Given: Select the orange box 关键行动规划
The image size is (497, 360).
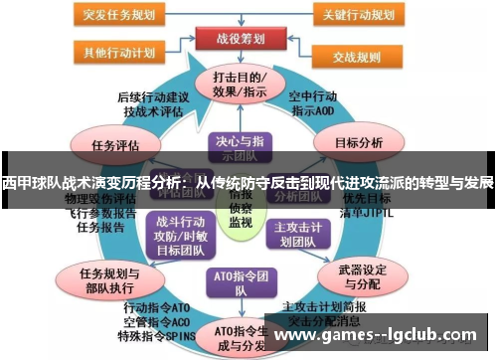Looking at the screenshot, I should pos(359,15).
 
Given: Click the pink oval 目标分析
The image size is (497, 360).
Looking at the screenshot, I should pos(358,143).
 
